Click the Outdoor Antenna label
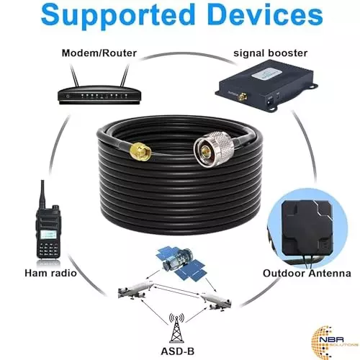tap(310, 273)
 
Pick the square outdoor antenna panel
tap(311, 220)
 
